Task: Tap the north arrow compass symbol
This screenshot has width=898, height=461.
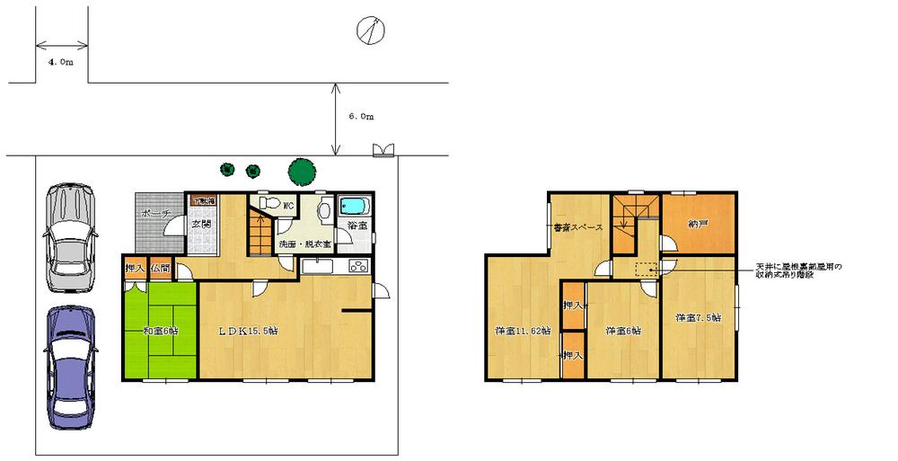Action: (x=370, y=30)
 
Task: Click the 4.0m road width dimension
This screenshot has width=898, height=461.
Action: (x=61, y=62)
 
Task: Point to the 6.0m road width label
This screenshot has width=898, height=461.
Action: (x=360, y=117)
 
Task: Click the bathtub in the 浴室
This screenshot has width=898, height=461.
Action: (x=350, y=209)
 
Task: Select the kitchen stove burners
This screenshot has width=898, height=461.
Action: (x=357, y=266)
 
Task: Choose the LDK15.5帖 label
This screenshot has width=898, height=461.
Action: (x=249, y=331)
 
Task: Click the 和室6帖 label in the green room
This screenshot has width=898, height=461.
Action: (x=160, y=331)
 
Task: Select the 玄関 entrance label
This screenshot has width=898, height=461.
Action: (x=199, y=224)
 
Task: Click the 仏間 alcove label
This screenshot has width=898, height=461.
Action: (x=161, y=268)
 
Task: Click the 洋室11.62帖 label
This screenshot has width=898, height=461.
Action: (x=520, y=331)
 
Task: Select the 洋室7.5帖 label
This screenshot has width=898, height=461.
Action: (x=698, y=318)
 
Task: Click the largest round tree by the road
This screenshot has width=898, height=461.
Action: (x=301, y=170)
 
